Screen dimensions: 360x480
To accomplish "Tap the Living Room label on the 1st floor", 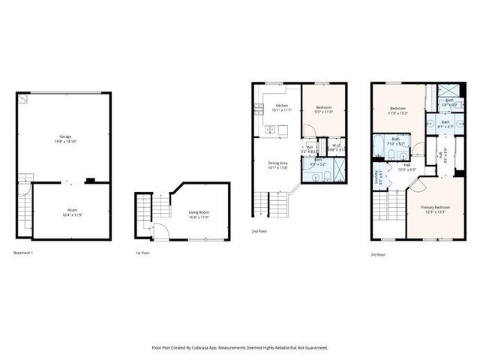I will coord(199,213).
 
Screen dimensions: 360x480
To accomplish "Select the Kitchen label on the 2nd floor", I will coord(281,106).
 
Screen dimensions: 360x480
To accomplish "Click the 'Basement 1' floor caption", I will coord(23,253).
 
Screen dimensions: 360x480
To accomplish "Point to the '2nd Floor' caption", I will coord(259,232).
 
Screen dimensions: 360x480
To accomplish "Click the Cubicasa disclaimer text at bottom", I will coord(239,347).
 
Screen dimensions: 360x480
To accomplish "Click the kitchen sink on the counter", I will coord(271,130).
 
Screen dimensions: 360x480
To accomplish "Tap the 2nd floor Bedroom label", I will coord(324,109).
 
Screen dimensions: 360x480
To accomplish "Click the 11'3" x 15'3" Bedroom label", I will coord(397,110).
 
